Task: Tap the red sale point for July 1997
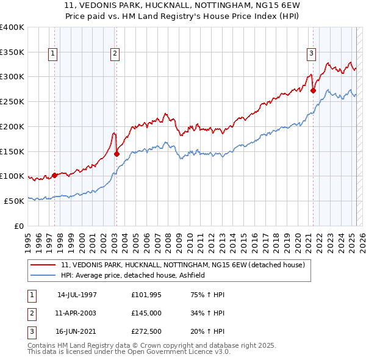(x=54, y=175)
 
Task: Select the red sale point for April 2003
(x=117, y=154)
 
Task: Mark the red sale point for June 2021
(x=313, y=90)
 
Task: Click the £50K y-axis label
(x=14, y=201)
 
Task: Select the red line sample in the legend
(x=43, y=265)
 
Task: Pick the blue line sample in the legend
(x=43, y=275)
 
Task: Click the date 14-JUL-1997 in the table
(x=77, y=294)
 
